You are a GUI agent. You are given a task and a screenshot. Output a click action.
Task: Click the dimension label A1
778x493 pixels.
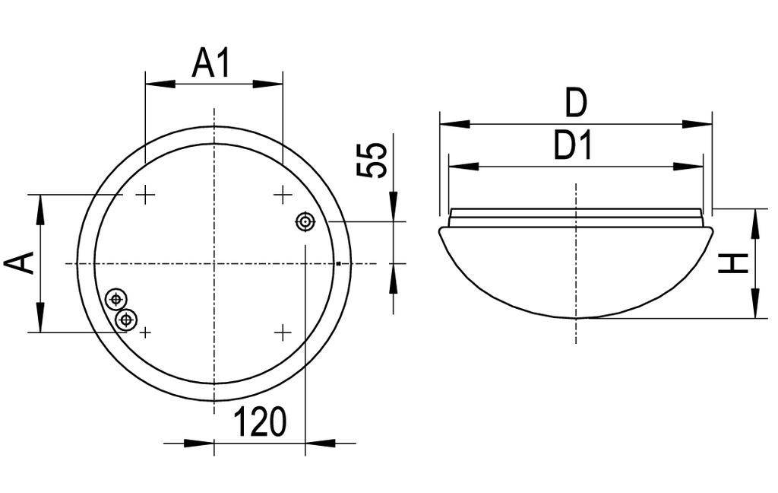pyautogui.click(x=211, y=63)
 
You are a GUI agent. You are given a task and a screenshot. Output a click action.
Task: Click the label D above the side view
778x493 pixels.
pyautogui.click(x=576, y=103)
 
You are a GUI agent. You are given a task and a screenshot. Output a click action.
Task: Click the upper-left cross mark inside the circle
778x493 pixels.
pyautogui.click(x=144, y=196)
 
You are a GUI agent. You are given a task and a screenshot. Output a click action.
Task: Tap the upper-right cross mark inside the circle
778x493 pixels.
pyautogui.click(x=283, y=196)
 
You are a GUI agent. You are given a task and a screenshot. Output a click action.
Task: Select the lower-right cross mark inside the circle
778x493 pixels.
pyautogui.click(x=283, y=332)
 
